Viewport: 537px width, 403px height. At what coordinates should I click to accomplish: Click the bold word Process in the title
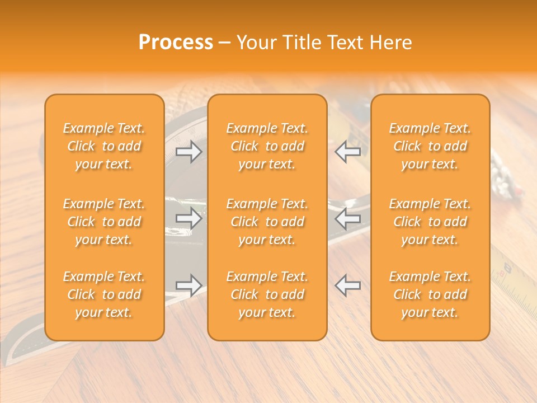coord(176,43)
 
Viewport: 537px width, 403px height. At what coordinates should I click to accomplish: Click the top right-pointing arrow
coord(189,152)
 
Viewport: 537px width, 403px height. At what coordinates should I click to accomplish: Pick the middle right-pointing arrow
coord(189,218)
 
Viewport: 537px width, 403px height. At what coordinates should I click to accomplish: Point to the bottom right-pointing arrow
coord(189,285)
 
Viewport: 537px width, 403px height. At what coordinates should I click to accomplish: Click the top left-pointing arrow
coord(347,152)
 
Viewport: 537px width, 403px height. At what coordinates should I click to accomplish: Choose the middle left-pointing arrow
coord(347,218)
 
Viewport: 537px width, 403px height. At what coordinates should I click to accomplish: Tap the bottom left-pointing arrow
coord(347,285)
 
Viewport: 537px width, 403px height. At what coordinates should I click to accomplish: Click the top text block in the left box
coord(104,146)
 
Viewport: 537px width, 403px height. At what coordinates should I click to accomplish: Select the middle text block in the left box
coord(104,222)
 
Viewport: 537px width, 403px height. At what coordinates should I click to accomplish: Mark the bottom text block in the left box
coord(104,294)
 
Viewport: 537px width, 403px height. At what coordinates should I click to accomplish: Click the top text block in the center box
coord(267,146)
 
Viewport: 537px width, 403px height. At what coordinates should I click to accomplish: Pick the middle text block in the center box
coord(267,222)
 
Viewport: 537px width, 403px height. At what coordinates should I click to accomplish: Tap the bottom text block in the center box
coord(267,294)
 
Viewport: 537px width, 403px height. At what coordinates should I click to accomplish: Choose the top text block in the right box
coord(430,146)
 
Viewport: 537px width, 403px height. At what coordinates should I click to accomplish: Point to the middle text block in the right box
coord(430,222)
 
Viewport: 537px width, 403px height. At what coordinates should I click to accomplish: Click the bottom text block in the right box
coord(430,294)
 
